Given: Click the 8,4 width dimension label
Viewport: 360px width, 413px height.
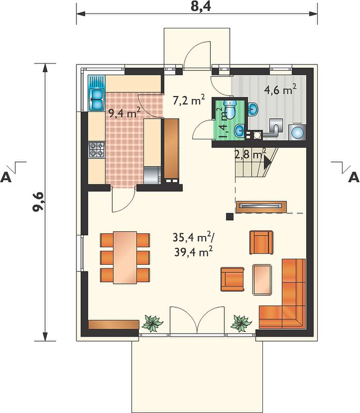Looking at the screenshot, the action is point(201,6).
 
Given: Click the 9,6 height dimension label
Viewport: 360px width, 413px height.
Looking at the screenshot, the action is point(38,201).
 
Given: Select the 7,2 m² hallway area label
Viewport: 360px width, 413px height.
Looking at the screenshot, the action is point(189,100).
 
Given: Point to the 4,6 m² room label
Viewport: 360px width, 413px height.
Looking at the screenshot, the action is point(280,90).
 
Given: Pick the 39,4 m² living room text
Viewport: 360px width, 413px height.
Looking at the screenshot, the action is point(193,252).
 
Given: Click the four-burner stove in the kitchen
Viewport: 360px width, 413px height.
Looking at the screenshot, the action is point(97,150).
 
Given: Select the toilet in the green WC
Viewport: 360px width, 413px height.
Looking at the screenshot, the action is point(230,109).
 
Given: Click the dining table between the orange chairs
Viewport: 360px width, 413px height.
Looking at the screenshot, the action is point(125,258).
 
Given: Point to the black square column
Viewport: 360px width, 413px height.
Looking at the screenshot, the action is point(230,216).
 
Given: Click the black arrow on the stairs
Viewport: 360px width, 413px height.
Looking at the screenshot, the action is point(267,162).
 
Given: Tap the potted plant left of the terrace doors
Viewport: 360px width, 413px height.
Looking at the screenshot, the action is point(152,323).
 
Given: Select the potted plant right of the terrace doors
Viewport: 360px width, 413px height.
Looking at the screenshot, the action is point(241,323).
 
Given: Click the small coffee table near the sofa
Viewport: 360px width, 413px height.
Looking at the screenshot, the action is point(262,280).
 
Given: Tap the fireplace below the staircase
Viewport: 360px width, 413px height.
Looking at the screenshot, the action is point(261,206).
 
